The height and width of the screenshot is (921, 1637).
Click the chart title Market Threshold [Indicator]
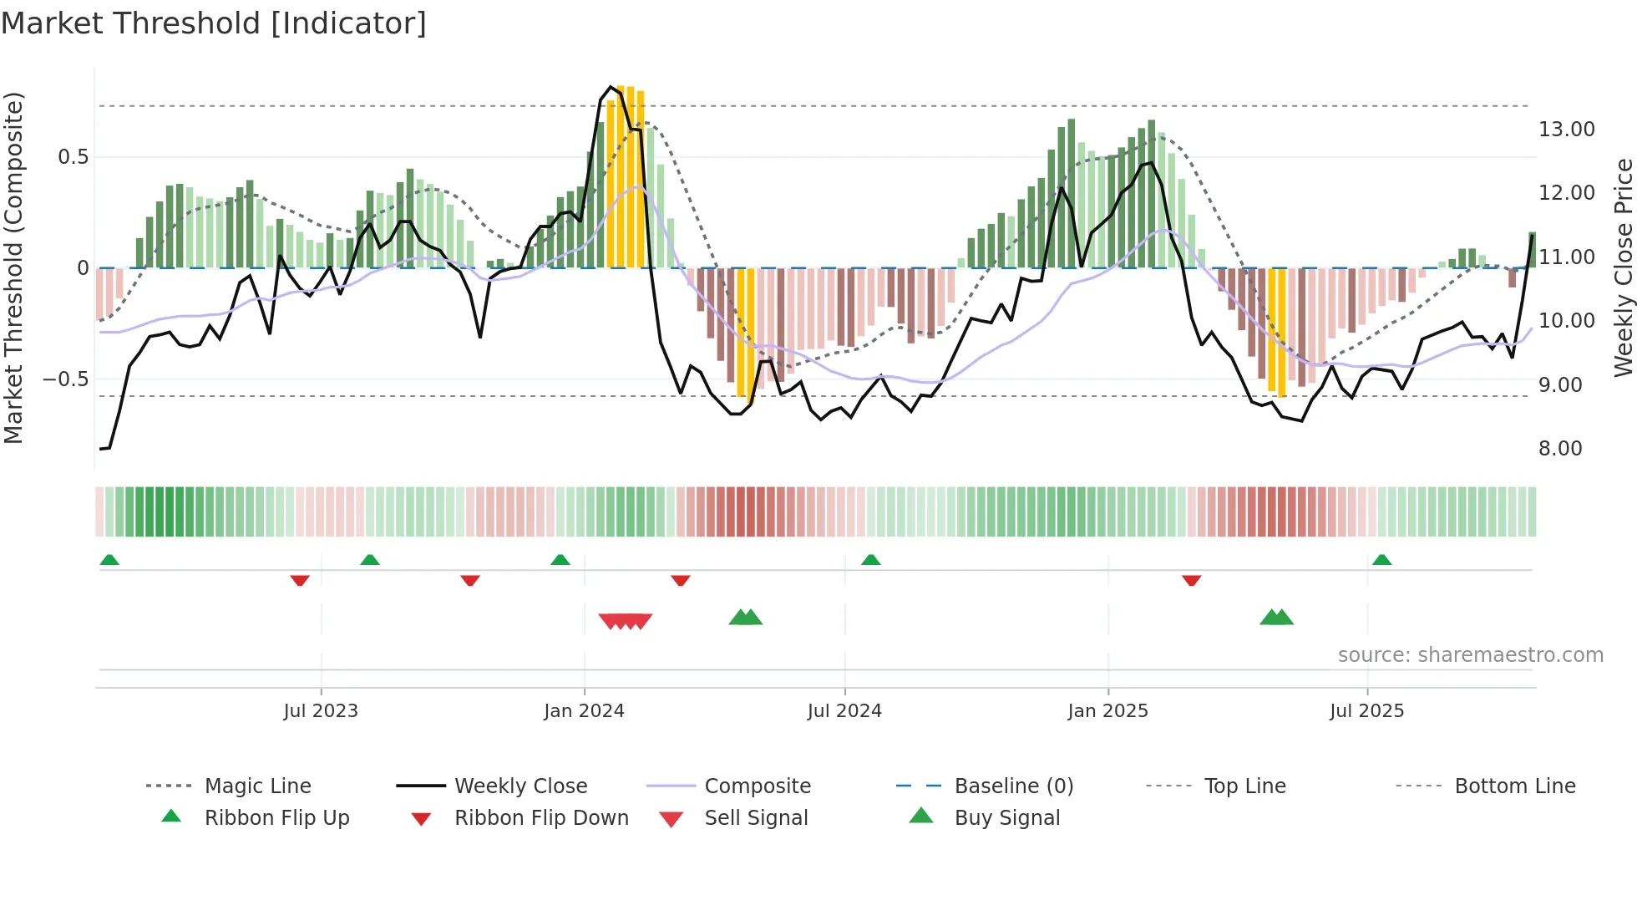click(x=214, y=23)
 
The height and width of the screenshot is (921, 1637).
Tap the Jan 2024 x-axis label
click(x=584, y=710)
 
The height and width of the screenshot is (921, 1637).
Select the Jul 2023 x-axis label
click(x=321, y=710)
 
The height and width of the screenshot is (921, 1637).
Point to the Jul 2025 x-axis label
click(x=1366, y=710)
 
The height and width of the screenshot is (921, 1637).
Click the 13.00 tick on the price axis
click(x=1566, y=129)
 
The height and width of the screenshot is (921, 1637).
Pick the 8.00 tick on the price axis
click(x=1560, y=448)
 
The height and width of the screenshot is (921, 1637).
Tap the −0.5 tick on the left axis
click(x=66, y=379)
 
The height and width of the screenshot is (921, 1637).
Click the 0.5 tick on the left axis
click(x=73, y=157)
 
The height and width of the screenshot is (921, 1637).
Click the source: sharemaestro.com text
click(x=1470, y=654)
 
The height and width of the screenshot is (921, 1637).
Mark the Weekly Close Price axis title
click(x=1623, y=267)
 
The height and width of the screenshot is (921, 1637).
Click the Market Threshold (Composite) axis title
click(x=13, y=267)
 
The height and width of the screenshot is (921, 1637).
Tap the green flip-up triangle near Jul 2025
click(x=1381, y=560)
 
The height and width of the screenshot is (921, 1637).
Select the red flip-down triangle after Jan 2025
click(x=1191, y=580)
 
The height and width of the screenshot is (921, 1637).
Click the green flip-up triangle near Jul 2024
click(x=870, y=560)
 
